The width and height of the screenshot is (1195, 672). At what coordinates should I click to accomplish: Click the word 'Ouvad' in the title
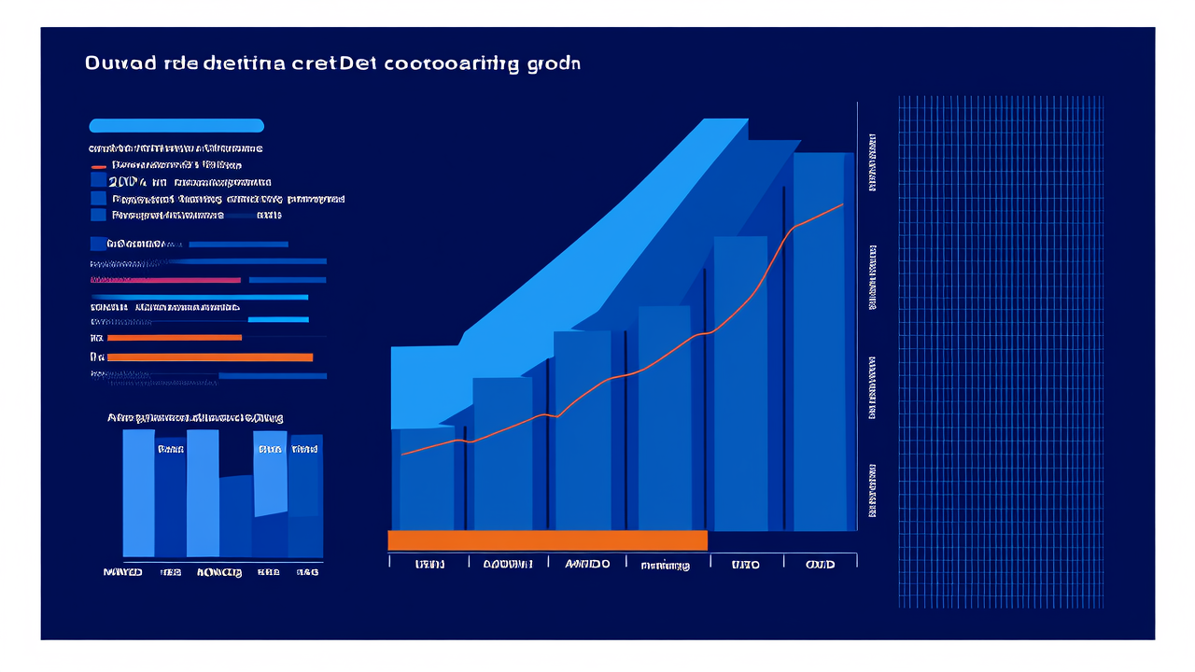(106, 63)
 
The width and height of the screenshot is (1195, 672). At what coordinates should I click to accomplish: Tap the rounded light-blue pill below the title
(176, 126)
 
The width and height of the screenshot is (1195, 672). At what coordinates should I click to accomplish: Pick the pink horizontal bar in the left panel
(165, 279)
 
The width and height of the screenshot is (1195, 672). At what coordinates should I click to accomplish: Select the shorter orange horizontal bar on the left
(175, 337)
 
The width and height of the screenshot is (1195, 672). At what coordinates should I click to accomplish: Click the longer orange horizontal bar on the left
(210, 357)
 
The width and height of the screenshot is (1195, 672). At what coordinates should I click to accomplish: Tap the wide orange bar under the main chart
(547, 540)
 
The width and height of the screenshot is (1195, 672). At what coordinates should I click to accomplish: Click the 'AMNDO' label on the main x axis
(586, 565)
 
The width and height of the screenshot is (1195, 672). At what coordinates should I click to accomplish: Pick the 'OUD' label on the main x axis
(820, 565)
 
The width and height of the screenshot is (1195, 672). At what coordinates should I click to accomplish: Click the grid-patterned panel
(1000, 351)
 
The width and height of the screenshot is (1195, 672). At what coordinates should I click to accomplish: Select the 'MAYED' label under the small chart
(123, 572)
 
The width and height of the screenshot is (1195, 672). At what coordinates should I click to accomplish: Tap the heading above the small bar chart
(195, 418)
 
